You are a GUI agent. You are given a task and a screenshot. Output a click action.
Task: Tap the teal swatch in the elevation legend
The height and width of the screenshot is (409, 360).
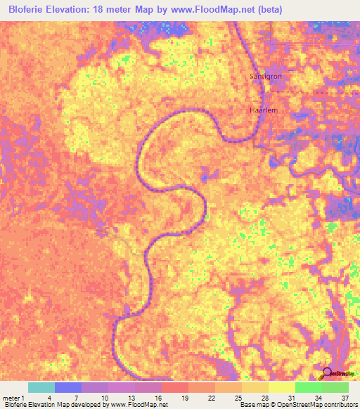click(41, 387)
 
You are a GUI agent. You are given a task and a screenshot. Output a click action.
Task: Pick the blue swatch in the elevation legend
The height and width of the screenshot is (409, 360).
click(67, 387)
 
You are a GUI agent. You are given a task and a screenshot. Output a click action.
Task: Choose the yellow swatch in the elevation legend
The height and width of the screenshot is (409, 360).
click(281, 387)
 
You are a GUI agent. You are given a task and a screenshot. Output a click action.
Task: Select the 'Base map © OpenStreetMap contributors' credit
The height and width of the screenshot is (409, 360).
click(297, 405)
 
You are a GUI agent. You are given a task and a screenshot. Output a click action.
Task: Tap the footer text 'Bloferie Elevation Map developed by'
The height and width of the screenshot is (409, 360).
click(53, 405)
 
